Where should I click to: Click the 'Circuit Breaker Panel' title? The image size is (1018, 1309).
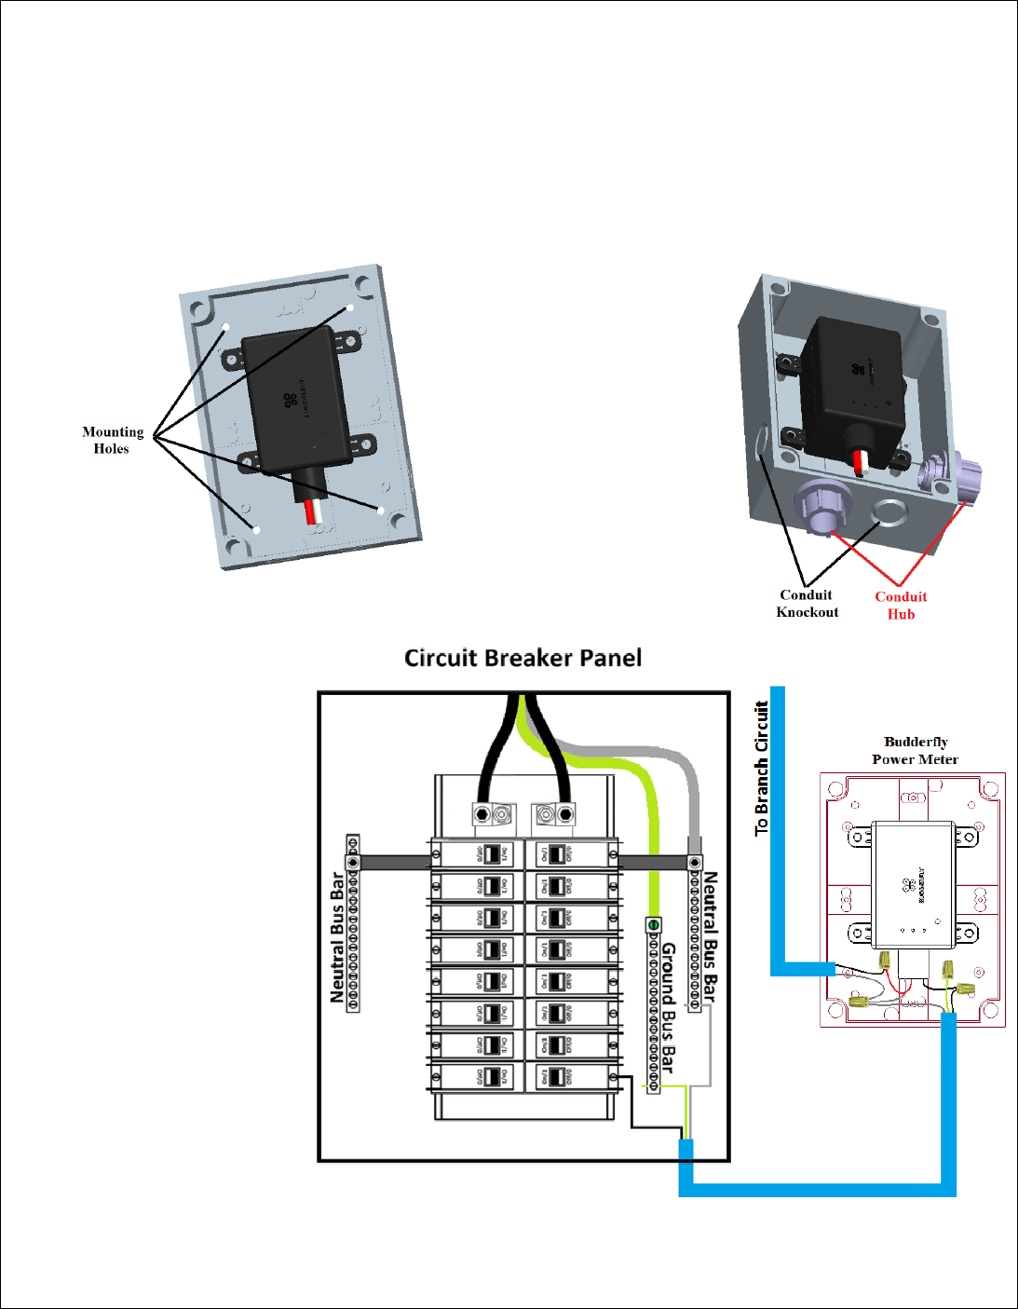[x=523, y=658]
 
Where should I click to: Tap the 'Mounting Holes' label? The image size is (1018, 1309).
[x=112, y=440]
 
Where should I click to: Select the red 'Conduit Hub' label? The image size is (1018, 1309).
[x=901, y=606]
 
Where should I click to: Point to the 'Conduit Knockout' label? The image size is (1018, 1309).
[x=808, y=603]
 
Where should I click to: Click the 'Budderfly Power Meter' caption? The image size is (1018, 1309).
[x=916, y=750]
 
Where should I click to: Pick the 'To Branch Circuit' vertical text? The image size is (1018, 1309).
[x=762, y=769]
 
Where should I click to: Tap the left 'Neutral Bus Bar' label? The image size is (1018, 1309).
[x=337, y=937]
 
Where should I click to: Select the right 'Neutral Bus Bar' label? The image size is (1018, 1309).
[x=711, y=936]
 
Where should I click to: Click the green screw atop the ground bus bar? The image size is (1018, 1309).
[x=654, y=924]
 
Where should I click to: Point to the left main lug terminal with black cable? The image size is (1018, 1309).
[x=482, y=814]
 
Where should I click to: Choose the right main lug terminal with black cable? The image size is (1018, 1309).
[x=565, y=814]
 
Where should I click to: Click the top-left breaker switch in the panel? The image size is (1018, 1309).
[x=492, y=853]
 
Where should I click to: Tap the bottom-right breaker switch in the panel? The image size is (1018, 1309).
[x=557, y=1077]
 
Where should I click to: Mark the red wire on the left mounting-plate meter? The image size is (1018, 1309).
[x=309, y=511]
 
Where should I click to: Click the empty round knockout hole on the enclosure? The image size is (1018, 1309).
[x=889, y=511]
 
